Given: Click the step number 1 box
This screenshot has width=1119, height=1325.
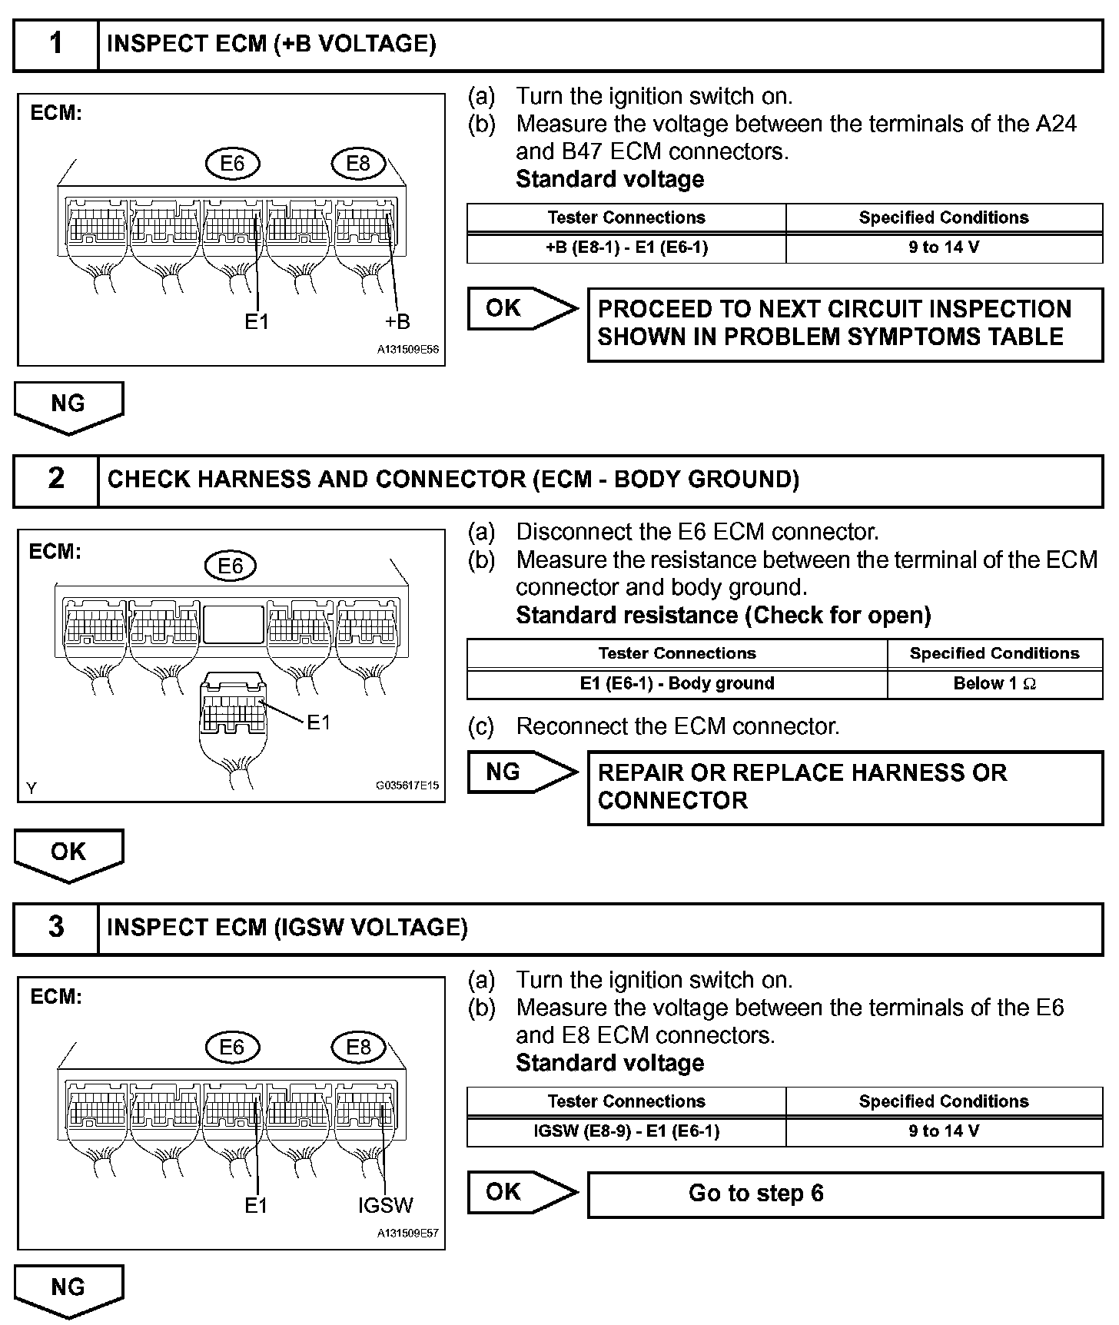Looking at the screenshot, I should tap(56, 45).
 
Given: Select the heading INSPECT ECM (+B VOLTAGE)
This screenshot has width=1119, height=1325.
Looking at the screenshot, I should tap(271, 45).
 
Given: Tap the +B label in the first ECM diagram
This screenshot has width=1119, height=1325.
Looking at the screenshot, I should tap(397, 322).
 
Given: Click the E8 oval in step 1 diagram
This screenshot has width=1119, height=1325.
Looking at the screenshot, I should tap(358, 163).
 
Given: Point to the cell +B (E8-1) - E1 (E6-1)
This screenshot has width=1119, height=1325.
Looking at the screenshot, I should tap(626, 247).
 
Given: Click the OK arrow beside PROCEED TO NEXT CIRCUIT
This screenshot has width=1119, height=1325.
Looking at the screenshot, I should tap(521, 309).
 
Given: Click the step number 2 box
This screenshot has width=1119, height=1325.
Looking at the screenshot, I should tap(56, 480).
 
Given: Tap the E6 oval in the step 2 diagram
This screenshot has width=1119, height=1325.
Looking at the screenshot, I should tap(231, 566).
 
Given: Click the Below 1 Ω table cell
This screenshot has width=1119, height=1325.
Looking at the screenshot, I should tap(994, 683).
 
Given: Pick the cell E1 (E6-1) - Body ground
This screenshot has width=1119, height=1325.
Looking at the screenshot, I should tap(676, 683).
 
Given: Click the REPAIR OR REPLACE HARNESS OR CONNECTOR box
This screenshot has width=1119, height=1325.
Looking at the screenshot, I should tap(845, 787).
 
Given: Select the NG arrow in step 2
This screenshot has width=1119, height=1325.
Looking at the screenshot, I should tap(521, 772).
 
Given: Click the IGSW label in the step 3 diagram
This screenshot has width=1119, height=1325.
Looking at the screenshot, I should tap(385, 1205).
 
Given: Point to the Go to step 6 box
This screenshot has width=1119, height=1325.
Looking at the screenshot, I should tap(845, 1194).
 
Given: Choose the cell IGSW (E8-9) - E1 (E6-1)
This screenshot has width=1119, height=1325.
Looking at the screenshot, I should tap(626, 1131).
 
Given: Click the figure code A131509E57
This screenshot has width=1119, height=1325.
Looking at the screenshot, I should tap(407, 1234).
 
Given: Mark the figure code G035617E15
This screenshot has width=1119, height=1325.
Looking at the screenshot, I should tap(407, 785).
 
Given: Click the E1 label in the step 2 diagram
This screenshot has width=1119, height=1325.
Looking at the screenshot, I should tap(318, 722).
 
